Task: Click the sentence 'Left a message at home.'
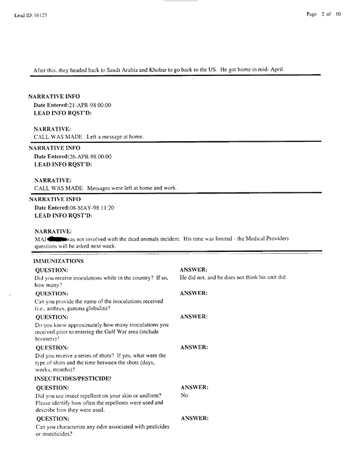(115, 137)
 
